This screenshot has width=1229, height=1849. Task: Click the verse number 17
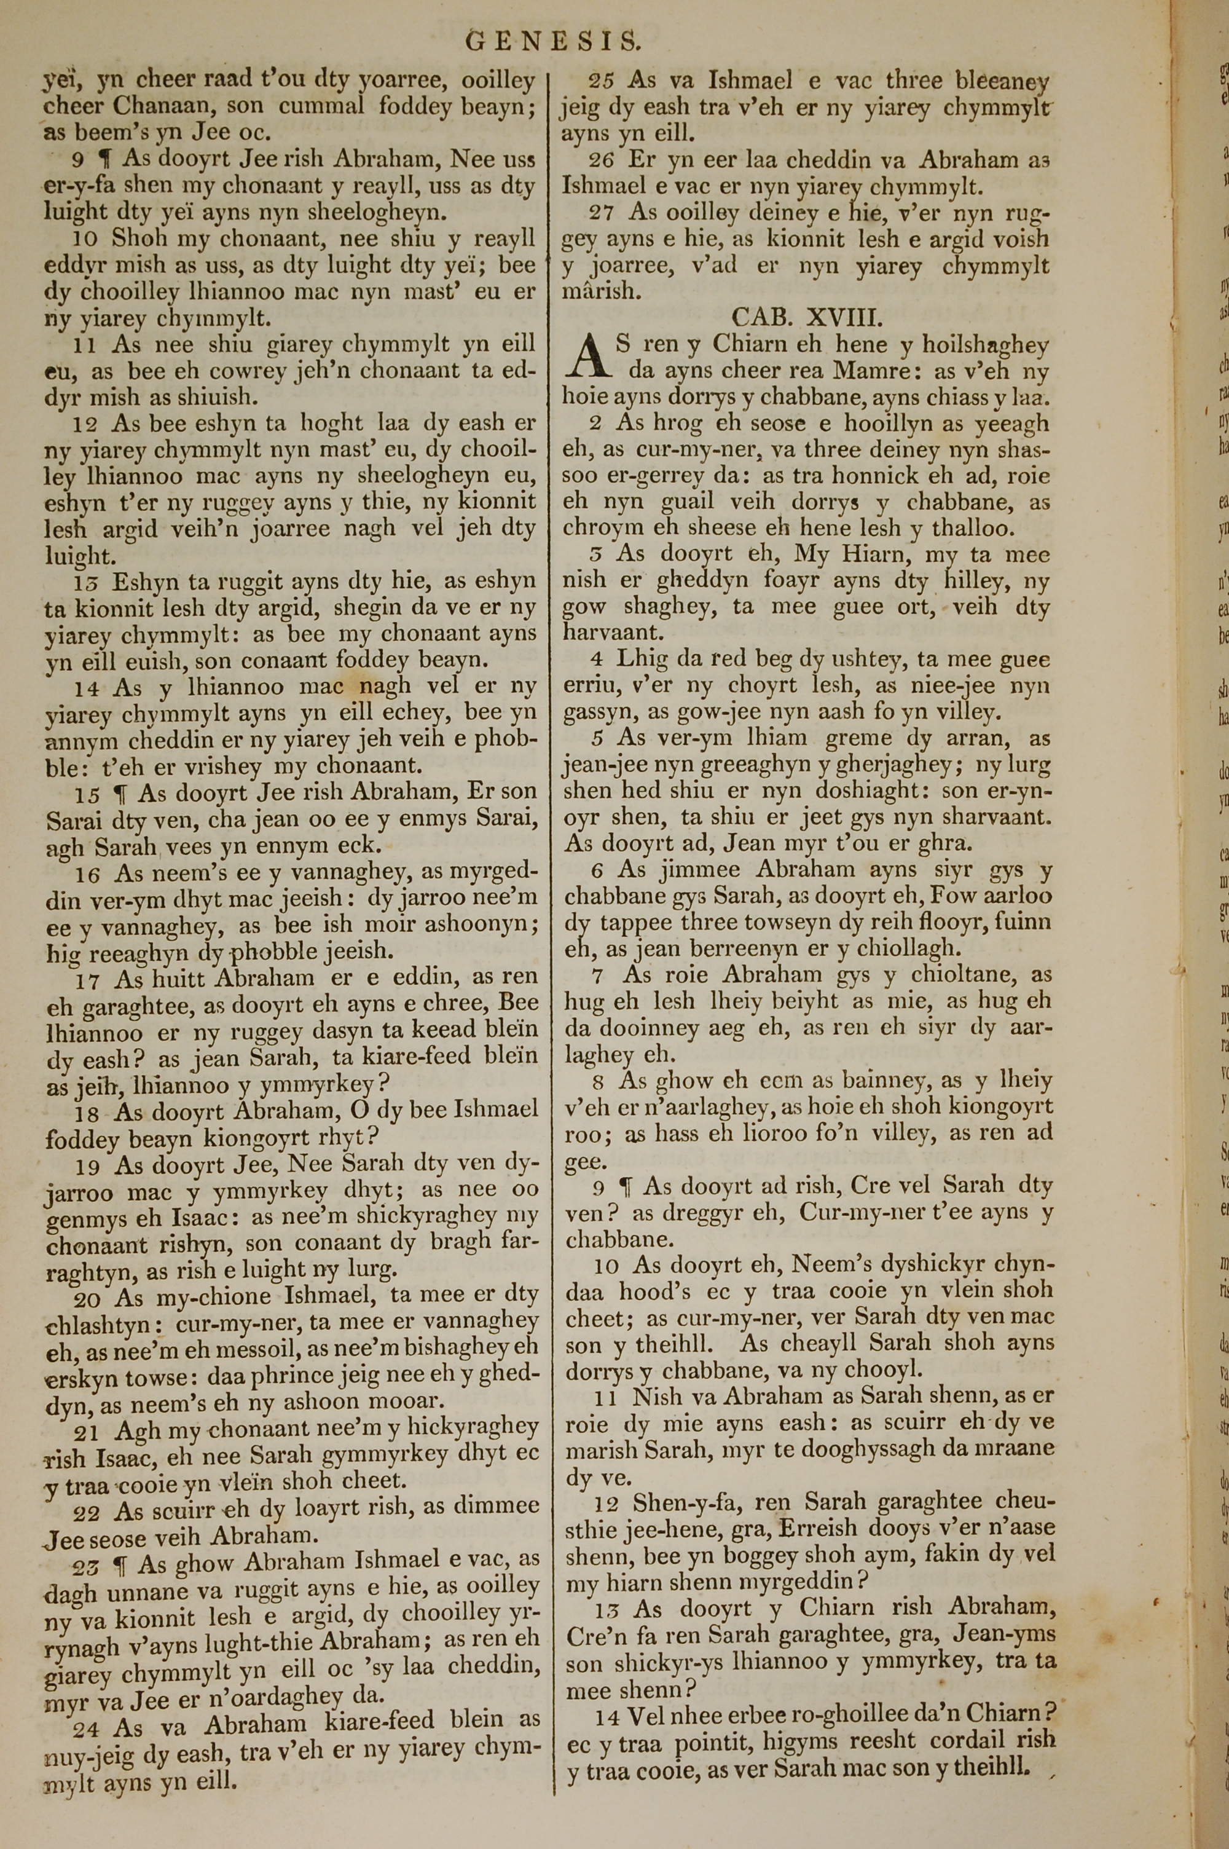point(88,980)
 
